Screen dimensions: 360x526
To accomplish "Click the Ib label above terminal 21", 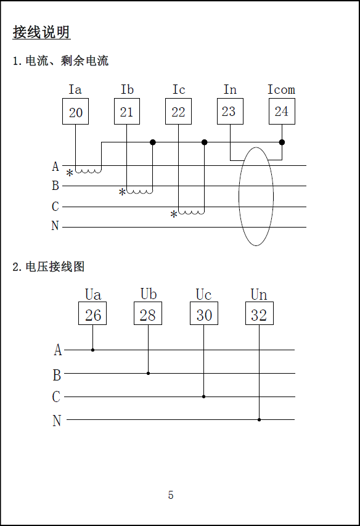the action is coord(127,89).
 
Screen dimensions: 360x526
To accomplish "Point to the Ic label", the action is coord(179,89).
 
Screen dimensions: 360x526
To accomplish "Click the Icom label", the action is coord(281,89).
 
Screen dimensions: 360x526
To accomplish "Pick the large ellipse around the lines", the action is coord(239,196).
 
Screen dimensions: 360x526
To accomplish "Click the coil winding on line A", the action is coord(89,171).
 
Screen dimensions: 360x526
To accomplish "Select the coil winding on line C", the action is coord(191,212).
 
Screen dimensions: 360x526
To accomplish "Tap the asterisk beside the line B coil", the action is coord(122,192).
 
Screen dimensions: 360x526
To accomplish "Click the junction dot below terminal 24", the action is coord(282,142).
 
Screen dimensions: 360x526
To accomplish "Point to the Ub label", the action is coord(149,294).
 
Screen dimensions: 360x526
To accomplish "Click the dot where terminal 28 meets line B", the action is coord(148,373).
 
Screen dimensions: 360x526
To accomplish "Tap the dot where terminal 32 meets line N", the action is coord(259,420).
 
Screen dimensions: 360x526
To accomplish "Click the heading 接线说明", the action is coord(41,33).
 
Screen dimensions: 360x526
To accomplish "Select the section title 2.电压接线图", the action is coord(49,267).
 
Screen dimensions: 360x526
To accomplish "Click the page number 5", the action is coord(171,495).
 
